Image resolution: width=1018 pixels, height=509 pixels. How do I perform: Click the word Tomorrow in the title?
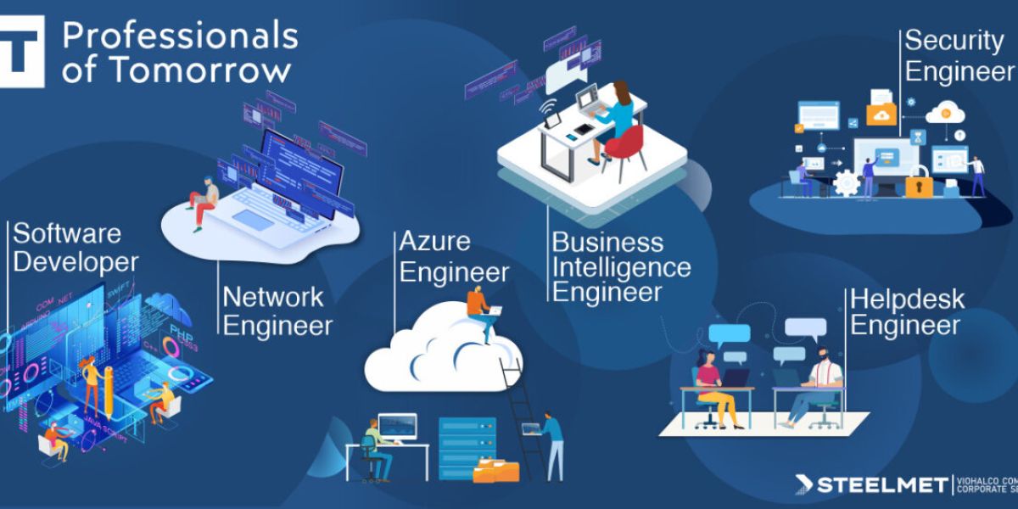click(201, 70)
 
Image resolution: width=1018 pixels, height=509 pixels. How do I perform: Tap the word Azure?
click(434, 242)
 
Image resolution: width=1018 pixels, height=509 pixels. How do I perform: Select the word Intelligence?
click(621, 268)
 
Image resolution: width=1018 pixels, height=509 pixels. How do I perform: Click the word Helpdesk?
click(907, 299)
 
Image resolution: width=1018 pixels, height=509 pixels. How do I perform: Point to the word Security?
click(954, 41)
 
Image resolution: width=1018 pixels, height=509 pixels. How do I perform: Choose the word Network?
click(273, 297)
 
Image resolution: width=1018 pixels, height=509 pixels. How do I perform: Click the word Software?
click(67, 233)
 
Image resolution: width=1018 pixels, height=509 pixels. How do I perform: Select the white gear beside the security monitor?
click(845, 182)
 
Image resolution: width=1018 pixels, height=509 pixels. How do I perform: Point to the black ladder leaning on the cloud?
click(523, 416)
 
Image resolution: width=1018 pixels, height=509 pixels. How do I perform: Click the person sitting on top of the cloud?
click(481, 310)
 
